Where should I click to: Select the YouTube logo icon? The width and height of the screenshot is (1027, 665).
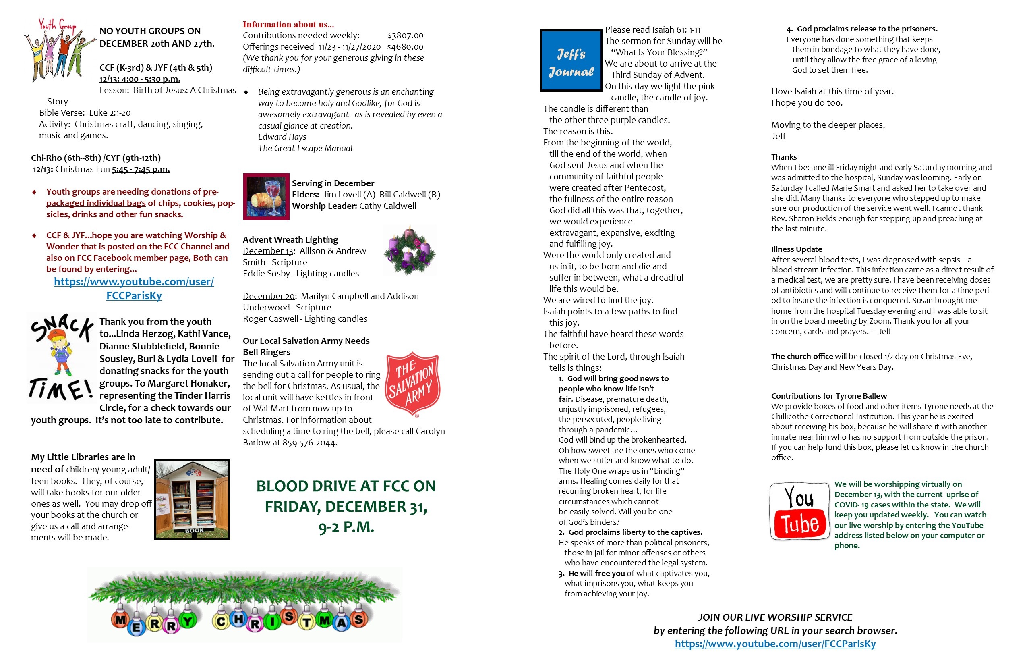click(799, 511)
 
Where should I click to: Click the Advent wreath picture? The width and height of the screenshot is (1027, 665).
click(410, 251)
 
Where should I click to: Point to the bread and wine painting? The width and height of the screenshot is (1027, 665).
click(266, 197)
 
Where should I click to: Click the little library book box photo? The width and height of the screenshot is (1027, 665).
click(192, 500)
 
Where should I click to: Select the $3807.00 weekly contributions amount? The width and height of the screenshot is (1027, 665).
click(405, 35)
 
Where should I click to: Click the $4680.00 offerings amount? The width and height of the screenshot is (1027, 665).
click(405, 47)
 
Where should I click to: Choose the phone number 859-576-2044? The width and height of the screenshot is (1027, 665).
click(309, 443)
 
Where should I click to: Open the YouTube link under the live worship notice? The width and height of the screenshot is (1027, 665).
click(775, 644)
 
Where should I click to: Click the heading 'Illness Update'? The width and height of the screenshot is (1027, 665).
click(797, 249)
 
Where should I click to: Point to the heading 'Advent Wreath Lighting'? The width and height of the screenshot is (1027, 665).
click(290, 240)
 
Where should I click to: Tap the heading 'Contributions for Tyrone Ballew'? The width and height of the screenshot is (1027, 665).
click(829, 396)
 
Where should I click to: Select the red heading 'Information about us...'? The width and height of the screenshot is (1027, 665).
click(288, 25)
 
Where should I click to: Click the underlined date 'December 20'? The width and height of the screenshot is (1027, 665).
click(268, 296)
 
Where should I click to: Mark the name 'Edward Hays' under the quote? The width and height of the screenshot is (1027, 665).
click(282, 137)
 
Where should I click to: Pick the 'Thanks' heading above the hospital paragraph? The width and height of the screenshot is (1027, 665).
click(784, 157)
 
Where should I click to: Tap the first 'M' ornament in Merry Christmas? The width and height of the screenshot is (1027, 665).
click(120, 620)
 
